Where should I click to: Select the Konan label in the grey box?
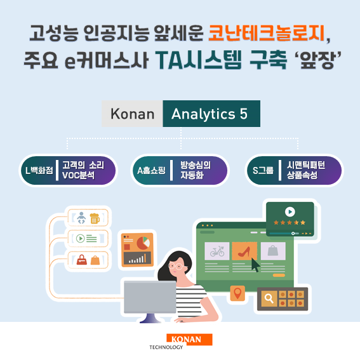tap(132, 114)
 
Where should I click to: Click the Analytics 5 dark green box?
tap(210, 114)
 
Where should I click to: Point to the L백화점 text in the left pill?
tap(38, 170)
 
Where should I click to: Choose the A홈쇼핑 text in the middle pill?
tap(151, 170)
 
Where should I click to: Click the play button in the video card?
tap(290, 212)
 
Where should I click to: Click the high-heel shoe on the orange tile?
tap(244, 251)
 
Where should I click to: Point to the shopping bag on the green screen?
tap(273, 251)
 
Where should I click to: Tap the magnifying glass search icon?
tap(269, 297)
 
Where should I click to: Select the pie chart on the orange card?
tap(143, 243)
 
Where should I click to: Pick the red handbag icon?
tap(81, 259)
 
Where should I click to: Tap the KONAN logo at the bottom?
tap(189, 340)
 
